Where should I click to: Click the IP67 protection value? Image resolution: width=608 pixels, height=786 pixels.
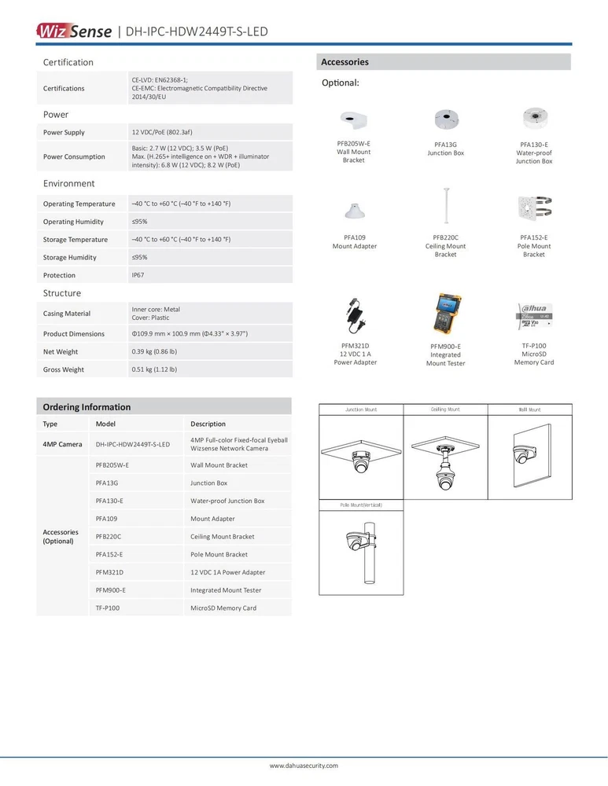pyautogui.click(x=138, y=275)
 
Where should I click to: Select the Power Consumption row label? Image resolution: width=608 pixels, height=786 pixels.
pyautogui.click(x=74, y=156)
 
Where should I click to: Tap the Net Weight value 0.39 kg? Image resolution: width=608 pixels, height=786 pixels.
pyautogui.click(x=154, y=351)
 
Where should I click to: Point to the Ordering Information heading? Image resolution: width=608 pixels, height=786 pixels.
pyautogui.click(x=87, y=407)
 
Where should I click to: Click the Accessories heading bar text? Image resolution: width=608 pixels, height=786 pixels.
pyautogui.click(x=345, y=62)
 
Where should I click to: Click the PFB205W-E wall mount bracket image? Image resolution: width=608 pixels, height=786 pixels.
pyautogui.click(x=353, y=119)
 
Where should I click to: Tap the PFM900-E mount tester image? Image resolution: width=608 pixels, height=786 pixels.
pyautogui.click(x=444, y=315)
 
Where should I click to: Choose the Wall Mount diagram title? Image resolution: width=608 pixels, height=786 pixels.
pyautogui.click(x=529, y=410)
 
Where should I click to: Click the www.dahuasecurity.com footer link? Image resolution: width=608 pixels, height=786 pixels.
pyautogui.click(x=304, y=765)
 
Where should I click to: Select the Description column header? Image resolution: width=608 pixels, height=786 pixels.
pyautogui.click(x=208, y=424)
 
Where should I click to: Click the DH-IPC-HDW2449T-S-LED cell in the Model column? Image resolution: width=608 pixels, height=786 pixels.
pyautogui.click(x=132, y=445)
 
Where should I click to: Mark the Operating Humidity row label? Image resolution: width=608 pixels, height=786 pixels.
pyautogui.click(x=73, y=222)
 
